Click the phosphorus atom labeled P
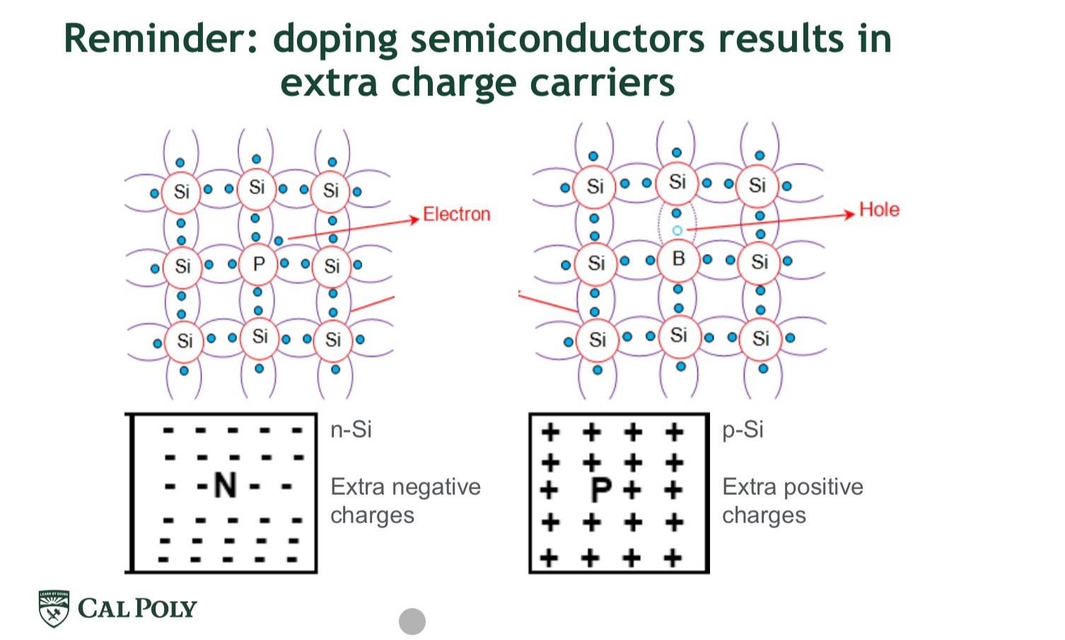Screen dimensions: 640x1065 point(258,264)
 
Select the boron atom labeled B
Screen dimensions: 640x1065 point(678,260)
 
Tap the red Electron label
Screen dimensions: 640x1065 point(456,214)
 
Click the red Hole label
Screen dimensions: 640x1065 point(879,209)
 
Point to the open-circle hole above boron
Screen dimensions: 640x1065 point(677,231)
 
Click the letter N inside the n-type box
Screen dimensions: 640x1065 point(225,486)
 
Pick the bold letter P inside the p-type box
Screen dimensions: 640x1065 point(600,489)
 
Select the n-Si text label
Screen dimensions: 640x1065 point(351,429)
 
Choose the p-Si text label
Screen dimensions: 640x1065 point(743,429)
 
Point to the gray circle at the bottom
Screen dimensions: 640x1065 point(412,622)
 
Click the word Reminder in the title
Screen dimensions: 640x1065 point(161,39)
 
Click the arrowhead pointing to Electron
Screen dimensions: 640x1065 point(415,220)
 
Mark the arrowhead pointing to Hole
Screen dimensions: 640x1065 point(850,214)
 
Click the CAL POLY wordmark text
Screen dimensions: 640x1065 point(137,609)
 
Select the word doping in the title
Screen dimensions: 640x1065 point(335,40)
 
